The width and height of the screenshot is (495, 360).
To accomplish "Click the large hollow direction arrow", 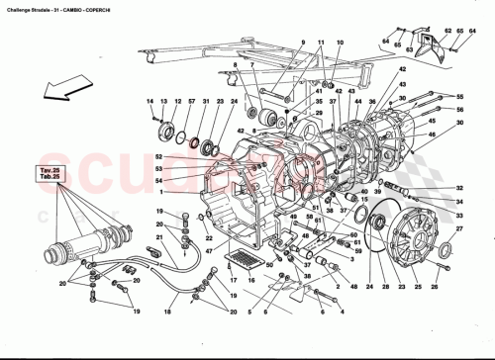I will click(47, 93).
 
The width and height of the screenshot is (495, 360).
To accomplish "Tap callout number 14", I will click(151, 102).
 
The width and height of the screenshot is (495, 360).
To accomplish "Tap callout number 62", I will click(447, 32).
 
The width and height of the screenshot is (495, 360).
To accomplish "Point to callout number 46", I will click(459, 134).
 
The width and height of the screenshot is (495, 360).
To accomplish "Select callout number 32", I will click(459, 188).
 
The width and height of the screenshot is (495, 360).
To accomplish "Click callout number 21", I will click(157, 236).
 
